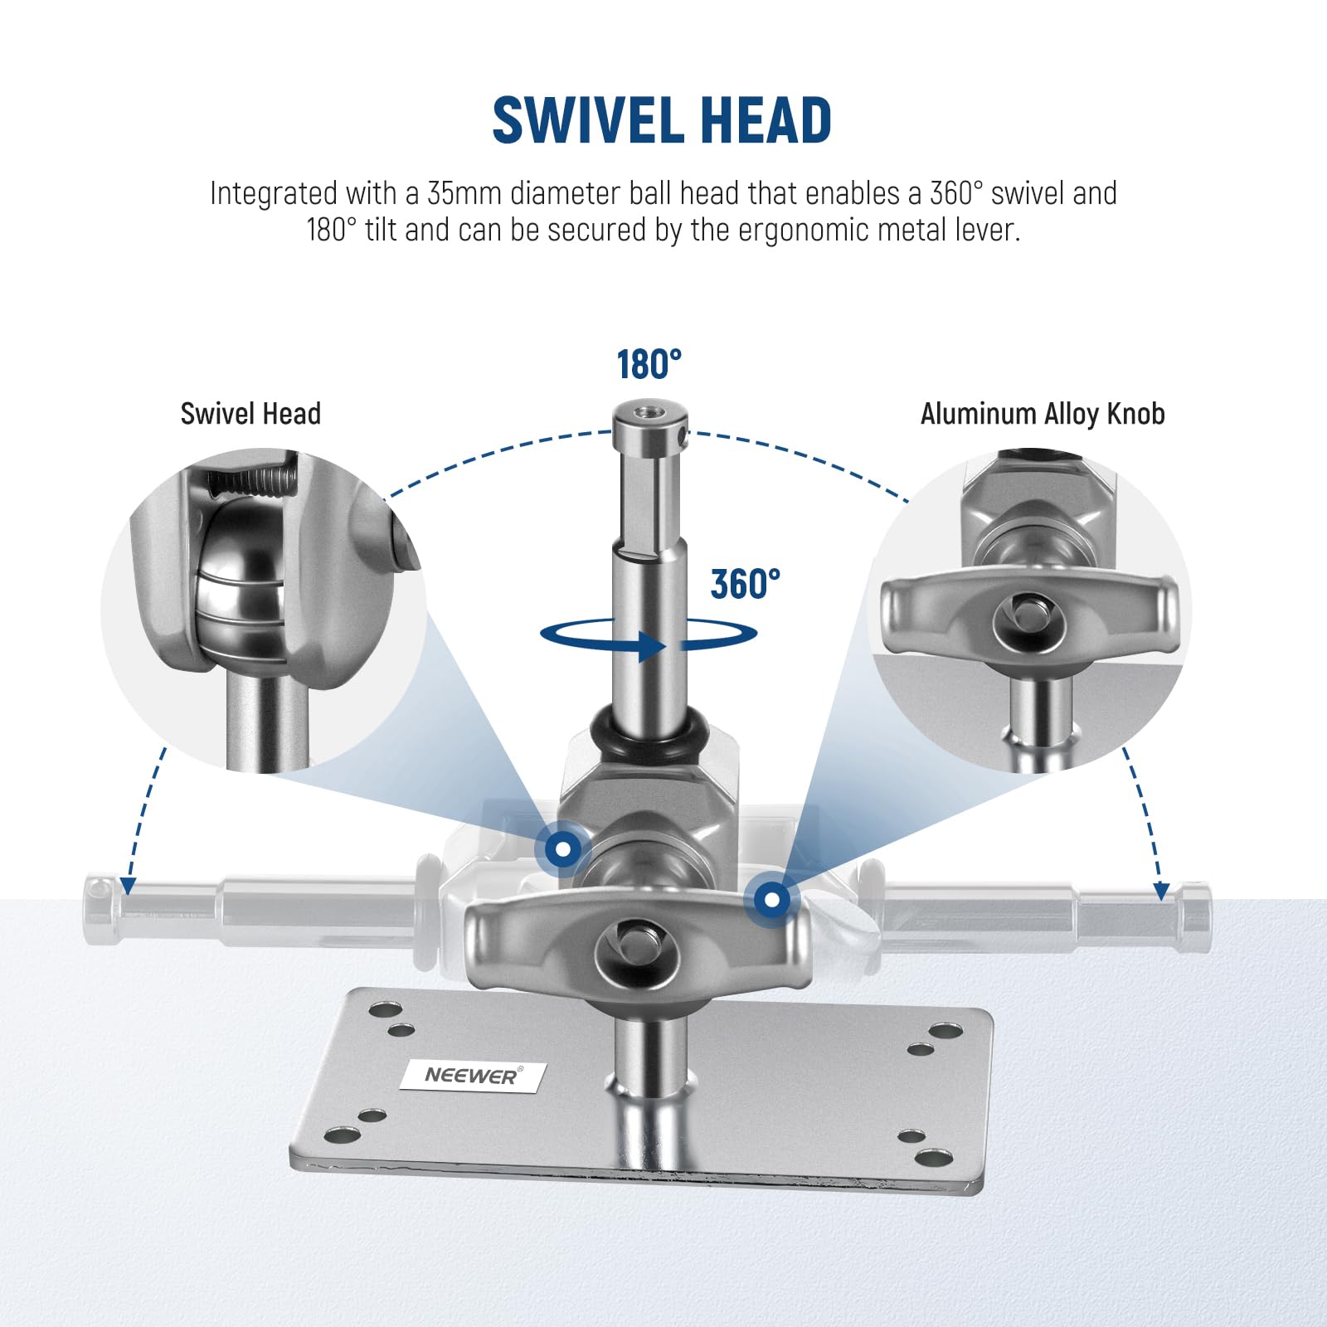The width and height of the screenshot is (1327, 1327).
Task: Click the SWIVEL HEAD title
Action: (x=662, y=121)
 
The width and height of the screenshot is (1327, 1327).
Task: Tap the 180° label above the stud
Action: (x=649, y=365)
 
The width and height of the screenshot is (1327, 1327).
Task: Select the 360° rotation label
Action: (x=746, y=584)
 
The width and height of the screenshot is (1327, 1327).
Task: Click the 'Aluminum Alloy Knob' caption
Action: (x=1043, y=414)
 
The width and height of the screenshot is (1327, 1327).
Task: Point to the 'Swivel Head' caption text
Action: (x=250, y=414)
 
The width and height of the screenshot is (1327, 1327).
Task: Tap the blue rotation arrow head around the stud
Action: (x=652, y=646)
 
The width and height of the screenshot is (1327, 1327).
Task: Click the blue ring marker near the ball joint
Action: (x=563, y=849)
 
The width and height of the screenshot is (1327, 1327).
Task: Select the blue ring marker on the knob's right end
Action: (x=772, y=899)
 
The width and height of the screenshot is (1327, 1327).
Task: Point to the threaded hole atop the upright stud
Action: (x=649, y=411)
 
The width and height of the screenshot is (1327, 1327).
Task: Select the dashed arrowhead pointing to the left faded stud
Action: (x=128, y=886)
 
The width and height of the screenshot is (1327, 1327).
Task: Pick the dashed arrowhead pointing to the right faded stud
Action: (x=1161, y=891)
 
